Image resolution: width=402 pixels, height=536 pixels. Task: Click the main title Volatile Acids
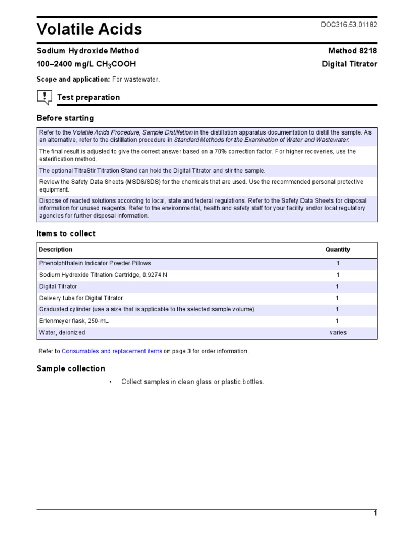pos(89,29)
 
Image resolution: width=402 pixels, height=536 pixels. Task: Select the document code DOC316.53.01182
pos(349,25)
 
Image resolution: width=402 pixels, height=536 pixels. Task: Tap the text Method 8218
pos(352,51)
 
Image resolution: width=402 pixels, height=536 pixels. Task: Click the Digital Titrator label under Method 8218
pos(349,64)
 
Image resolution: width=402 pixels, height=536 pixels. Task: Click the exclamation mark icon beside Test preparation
pos(44,97)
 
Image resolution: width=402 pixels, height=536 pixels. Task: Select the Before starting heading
pos(65,118)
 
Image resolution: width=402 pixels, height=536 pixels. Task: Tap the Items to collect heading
pos(66,233)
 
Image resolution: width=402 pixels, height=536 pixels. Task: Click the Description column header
pos(55,250)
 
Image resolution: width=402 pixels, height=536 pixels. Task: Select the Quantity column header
pos(338,250)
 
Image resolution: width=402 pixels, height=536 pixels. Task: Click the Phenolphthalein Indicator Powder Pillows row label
pos(95,263)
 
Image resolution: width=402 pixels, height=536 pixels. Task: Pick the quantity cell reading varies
pos(338,333)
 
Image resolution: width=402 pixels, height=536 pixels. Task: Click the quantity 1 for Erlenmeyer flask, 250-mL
pos(337,321)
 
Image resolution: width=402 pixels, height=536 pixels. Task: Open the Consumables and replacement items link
pos(112,351)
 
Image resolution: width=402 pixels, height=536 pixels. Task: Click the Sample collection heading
pos(71,368)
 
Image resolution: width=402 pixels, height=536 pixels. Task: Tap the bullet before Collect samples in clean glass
pos(111,382)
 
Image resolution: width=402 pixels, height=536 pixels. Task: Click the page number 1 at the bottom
pos(375,513)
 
